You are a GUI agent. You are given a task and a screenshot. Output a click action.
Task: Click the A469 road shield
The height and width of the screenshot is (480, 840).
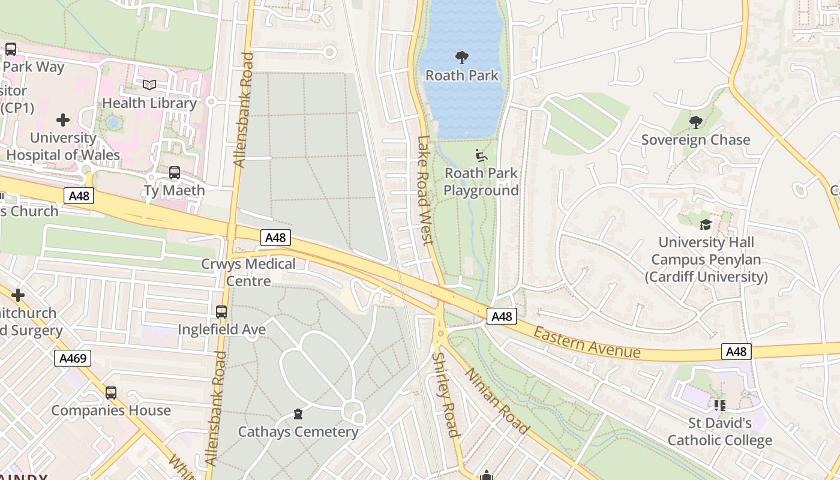click(x=74, y=359)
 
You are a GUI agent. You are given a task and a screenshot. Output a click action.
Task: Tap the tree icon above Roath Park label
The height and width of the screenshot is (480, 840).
click(x=461, y=58)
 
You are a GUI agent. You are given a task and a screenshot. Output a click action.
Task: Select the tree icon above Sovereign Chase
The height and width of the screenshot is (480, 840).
click(x=695, y=122)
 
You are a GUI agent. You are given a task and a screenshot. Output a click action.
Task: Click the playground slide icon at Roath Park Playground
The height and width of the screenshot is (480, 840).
click(x=481, y=155)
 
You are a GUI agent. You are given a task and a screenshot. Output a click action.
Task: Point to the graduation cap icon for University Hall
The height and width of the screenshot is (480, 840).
click(x=706, y=224)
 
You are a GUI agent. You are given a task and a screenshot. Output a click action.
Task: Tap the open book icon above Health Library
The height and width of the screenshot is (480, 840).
click(x=149, y=85)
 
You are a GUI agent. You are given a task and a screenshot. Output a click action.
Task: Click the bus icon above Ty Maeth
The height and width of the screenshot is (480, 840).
click(x=175, y=173)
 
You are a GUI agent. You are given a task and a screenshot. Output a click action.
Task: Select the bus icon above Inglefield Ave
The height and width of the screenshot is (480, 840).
click(x=221, y=312)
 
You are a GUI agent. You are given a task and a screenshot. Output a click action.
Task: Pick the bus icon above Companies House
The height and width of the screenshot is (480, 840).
click(x=111, y=393)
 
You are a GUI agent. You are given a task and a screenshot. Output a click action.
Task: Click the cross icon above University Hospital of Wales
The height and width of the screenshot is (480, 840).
click(x=63, y=120)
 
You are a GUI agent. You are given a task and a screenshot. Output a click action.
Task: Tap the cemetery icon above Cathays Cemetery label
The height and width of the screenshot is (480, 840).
click(x=298, y=414)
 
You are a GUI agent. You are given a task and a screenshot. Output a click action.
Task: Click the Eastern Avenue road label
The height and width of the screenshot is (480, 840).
click(x=586, y=342)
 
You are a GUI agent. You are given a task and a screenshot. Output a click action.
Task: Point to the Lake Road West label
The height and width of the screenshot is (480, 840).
click(x=424, y=190)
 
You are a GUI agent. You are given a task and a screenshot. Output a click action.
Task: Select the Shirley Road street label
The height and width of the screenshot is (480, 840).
click(x=446, y=394)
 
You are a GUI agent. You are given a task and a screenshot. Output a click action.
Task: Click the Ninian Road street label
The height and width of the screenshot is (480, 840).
click(x=497, y=400)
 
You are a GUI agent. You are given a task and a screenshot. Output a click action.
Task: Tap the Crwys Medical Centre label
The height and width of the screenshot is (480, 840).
click(x=248, y=272)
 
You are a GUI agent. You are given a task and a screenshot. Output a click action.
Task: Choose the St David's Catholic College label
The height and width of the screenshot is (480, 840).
click(x=719, y=432)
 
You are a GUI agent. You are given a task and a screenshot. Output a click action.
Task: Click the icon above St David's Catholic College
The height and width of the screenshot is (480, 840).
click(x=719, y=406)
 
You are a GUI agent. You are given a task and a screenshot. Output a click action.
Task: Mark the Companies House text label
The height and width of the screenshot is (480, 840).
click(x=111, y=411)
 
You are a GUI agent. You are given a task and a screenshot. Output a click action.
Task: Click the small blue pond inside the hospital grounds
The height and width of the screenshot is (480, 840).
click(x=113, y=122)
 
